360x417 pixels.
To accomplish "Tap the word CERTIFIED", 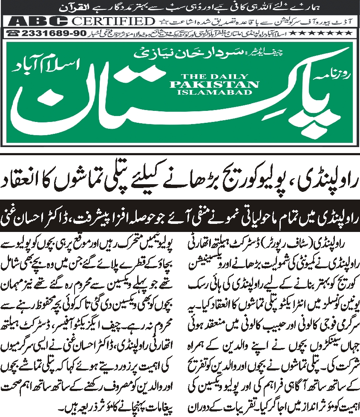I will (x=113, y=21).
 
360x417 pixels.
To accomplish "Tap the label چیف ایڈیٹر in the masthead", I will (x=216, y=53).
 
